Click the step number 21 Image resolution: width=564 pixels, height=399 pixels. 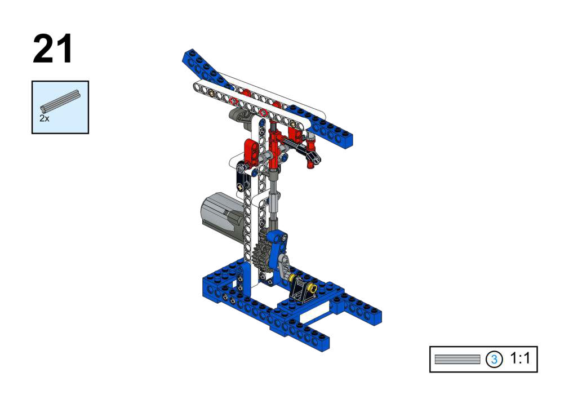pyautogui.click(x=53, y=48)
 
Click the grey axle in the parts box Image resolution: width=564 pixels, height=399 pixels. pyautogui.click(x=60, y=100)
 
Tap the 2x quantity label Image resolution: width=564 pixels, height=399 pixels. pyautogui.click(x=45, y=118)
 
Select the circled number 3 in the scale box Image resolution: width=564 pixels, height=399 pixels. pyautogui.click(x=494, y=359)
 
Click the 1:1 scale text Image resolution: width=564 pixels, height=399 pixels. pyautogui.click(x=520, y=358)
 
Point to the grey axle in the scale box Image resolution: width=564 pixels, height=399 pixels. pyautogui.click(x=457, y=359)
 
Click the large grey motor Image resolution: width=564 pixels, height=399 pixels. pyautogui.click(x=223, y=214)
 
